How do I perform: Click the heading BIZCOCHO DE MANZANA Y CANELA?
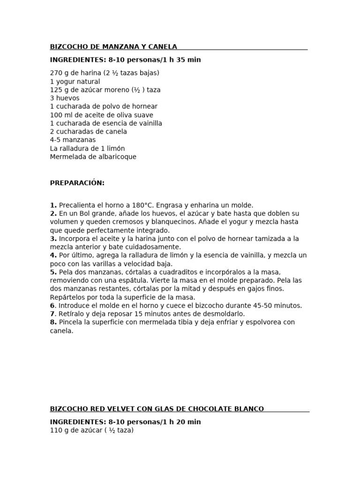click(113, 46)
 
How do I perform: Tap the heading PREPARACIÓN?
click(77, 183)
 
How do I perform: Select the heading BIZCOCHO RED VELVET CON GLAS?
click(157, 409)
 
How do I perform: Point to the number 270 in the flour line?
click(56, 73)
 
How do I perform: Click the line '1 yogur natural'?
click(75, 82)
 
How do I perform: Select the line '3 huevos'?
click(65, 98)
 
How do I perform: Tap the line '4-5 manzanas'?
click(73, 140)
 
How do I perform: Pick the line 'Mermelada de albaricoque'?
click(93, 157)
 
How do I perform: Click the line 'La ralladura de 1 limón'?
click(87, 149)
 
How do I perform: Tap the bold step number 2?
click(53, 214)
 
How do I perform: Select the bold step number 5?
click(53, 272)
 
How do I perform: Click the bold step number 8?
click(53, 322)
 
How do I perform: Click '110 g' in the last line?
click(60, 430)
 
